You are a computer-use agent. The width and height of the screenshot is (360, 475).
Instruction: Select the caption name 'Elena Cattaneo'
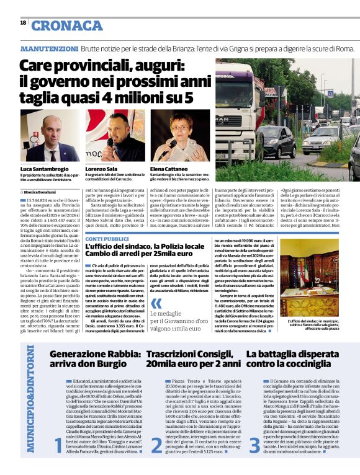tap(169, 169)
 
